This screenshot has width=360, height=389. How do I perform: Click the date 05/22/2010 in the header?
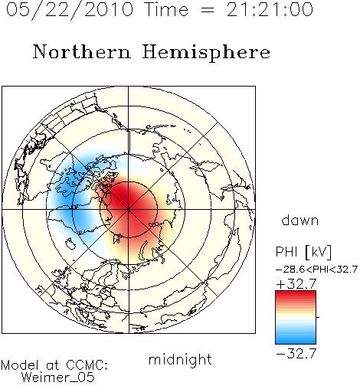70,10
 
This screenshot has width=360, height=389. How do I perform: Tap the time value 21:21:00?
270,10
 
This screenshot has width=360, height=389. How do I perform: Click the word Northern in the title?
82,51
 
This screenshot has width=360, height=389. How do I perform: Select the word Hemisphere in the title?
206,52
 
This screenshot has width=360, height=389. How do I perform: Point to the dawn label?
300,220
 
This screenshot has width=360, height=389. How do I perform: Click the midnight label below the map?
180,360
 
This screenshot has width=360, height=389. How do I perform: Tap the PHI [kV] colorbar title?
303,252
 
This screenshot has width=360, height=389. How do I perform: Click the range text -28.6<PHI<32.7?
316,270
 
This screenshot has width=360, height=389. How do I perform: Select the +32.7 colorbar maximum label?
296,284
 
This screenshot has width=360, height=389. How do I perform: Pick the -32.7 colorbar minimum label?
296,353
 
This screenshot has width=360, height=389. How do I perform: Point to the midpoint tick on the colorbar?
318,317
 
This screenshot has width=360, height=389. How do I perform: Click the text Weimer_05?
58,377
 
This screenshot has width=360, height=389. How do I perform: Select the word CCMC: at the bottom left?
87,365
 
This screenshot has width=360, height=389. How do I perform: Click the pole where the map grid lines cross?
129,210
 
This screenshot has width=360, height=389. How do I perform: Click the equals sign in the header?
207,10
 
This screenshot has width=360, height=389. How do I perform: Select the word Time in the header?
166,10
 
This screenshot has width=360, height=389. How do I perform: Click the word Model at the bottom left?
20,365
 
